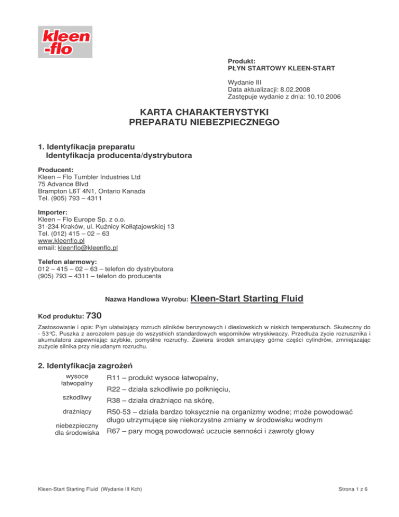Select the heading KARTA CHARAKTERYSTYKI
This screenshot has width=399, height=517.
pyautogui.click(x=199, y=112)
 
